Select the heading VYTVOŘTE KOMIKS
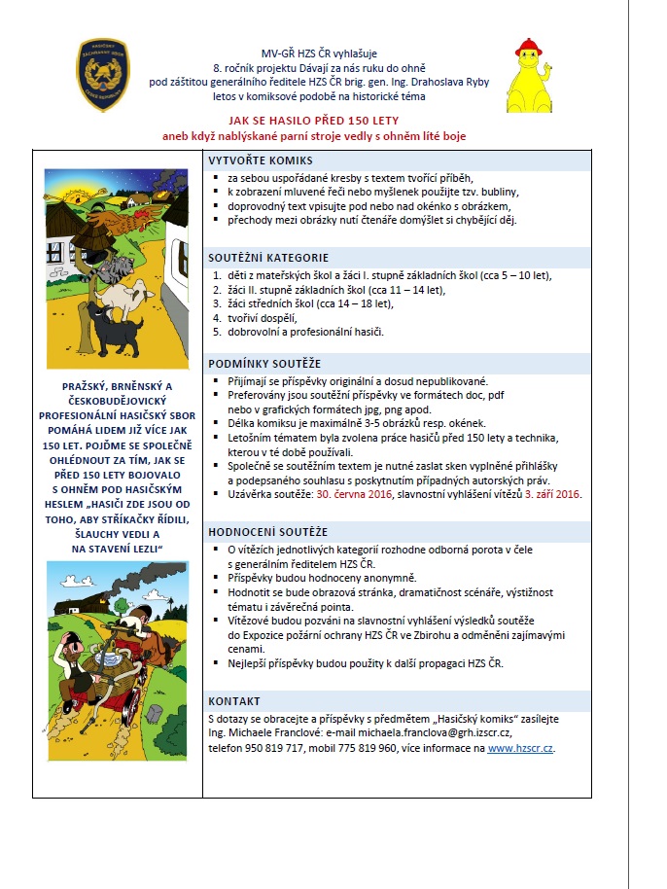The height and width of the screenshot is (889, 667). pos(260,160)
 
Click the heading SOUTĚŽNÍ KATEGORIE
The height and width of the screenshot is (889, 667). pos(268,258)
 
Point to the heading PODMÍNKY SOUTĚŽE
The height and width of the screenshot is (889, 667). pos(265,363)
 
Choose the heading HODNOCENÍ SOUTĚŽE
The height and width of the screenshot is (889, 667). pos(268,532)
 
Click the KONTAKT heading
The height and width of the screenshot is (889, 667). pos(234,701)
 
